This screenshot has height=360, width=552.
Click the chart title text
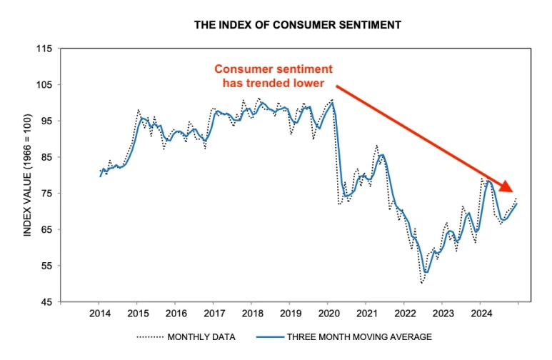click(x=298, y=25)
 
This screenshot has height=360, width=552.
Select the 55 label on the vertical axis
click(x=46, y=266)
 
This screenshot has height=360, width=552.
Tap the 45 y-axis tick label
click(x=46, y=302)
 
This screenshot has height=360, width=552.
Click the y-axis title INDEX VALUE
click(x=27, y=176)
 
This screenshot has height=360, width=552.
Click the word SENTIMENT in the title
click(x=369, y=25)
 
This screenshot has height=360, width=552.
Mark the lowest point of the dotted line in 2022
click(x=422, y=284)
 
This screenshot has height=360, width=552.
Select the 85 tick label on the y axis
click(x=46, y=157)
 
